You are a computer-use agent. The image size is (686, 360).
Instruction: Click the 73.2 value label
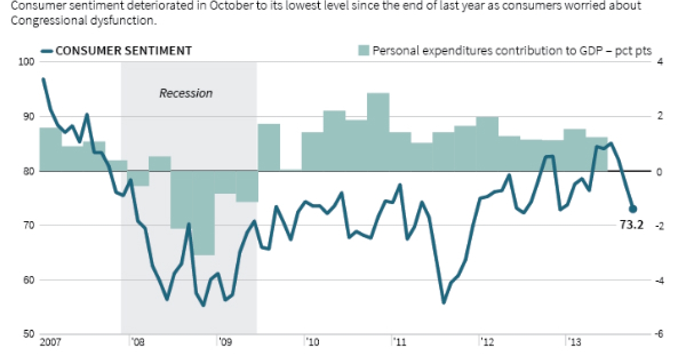point(632,225)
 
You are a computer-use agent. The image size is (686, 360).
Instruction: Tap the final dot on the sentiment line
point(633,209)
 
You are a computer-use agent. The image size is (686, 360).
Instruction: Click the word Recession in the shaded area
point(186,93)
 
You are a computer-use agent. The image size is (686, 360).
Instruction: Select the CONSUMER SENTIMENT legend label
point(123,50)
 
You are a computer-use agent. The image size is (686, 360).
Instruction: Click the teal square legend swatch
point(363,50)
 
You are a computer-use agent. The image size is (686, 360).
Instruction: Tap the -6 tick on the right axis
point(658,335)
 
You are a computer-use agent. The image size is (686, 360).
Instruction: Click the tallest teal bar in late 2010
point(378,131)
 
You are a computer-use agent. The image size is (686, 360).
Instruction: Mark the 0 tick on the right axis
point(659,171)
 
